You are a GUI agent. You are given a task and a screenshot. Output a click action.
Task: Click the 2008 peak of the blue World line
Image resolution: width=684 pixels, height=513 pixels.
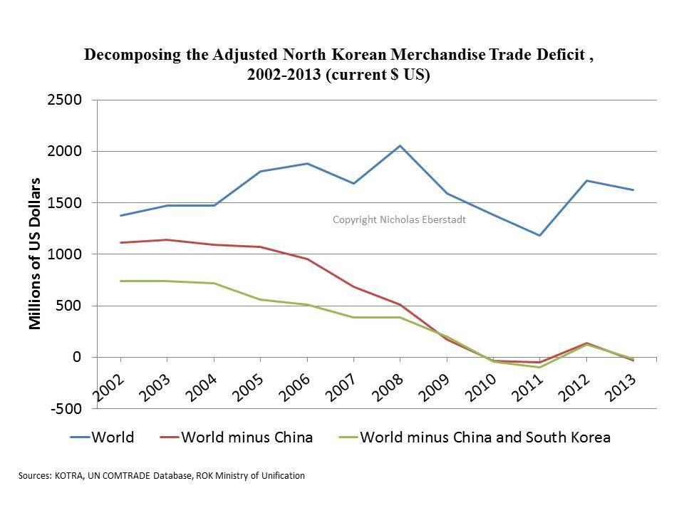tap(400, 146)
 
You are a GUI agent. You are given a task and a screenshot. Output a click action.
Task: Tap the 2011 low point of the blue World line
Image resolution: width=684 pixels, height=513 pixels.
tap(540, 235)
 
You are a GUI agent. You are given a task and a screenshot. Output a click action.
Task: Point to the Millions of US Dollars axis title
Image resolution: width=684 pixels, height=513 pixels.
tap(35, 253)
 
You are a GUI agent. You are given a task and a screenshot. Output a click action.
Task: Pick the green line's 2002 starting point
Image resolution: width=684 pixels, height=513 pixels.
tap(120, 281)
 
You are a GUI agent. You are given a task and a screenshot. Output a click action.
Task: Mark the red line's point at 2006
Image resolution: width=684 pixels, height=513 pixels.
tap(307, 259)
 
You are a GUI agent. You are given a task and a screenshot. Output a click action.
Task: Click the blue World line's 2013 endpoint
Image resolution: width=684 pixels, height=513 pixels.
tap(633, 190)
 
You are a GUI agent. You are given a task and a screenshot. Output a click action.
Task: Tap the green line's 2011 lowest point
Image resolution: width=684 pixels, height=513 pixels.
tap(540, 368)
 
